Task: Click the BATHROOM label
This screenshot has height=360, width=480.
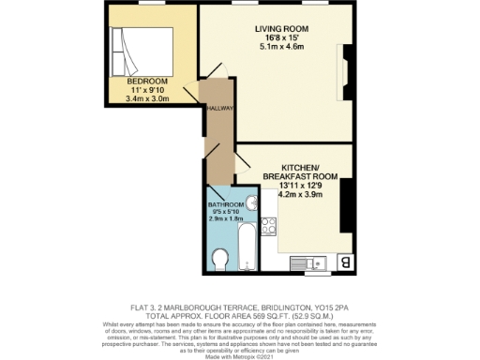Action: point(226,204)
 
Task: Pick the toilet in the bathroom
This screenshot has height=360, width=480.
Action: point(221,258)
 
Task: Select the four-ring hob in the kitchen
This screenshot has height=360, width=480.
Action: point(268,225)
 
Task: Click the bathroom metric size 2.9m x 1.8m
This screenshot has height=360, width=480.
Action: point(226,218)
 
